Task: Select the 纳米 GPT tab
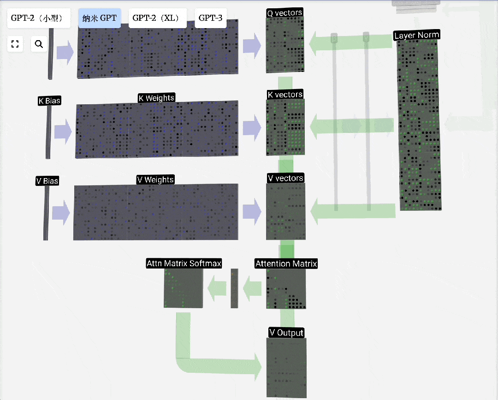coord(100,18)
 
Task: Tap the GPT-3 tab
coord(210,18)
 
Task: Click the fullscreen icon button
coord(15,44)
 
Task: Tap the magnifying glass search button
coord(39,44)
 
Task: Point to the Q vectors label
coord(285,13)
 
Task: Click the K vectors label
coord(285,95)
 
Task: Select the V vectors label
coord(285,178)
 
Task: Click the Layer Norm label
coord(416,35)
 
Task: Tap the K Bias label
coord(49,101)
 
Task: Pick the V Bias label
coord(47,181)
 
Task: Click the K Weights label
coord(156,98)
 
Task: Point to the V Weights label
coord(155,179)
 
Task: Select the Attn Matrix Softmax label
coord(184,263)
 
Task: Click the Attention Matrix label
coord(286,264)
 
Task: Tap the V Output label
coord(286,333)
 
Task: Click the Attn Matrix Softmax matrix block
coord(183,288)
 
